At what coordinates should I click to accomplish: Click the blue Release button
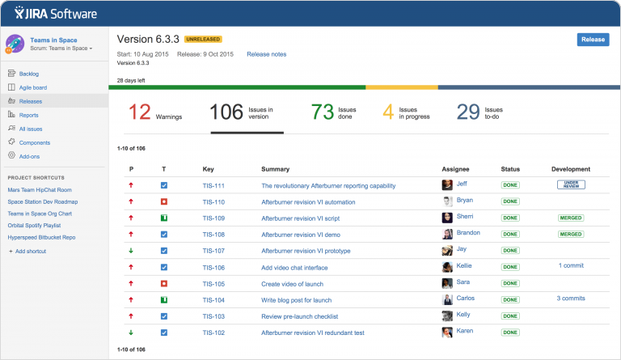point(593,40)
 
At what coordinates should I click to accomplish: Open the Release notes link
point(266,54)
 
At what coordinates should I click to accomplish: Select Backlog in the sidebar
point(29,74)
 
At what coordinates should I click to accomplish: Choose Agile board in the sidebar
point(34,87)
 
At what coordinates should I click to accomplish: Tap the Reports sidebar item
point(29,115)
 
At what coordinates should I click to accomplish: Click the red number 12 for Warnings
point(140,112)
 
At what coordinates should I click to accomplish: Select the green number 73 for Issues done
point(323,112)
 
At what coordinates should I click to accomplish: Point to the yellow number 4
point(388,112)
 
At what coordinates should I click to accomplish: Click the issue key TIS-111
point(213,186)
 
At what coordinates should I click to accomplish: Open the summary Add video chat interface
point(294,268)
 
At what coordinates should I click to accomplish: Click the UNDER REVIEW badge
point(571,185)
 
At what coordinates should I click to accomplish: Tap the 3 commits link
point(571,299)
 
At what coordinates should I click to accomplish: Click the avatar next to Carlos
point(447,299)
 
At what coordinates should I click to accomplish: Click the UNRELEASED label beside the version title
point(203,39)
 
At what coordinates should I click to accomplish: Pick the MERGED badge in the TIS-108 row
point(571,234)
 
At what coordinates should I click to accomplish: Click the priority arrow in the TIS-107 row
point(131,251)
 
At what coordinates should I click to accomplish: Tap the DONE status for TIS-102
point(510,332)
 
